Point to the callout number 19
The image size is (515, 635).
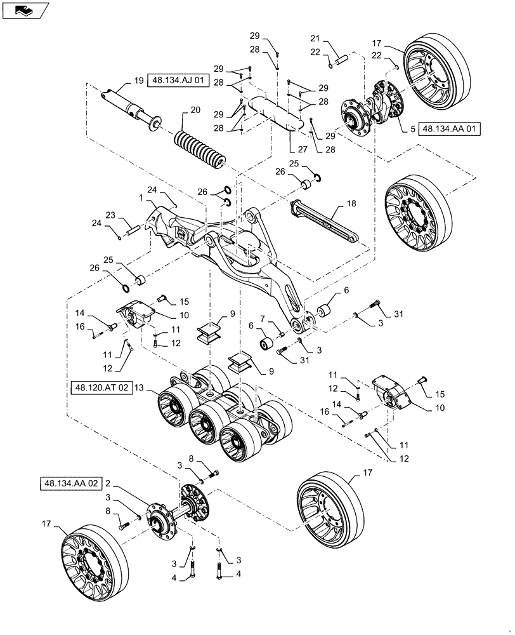point(138,81)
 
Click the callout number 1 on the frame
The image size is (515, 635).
point(141,198)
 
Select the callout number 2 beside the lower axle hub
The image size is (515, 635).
point(108,483)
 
